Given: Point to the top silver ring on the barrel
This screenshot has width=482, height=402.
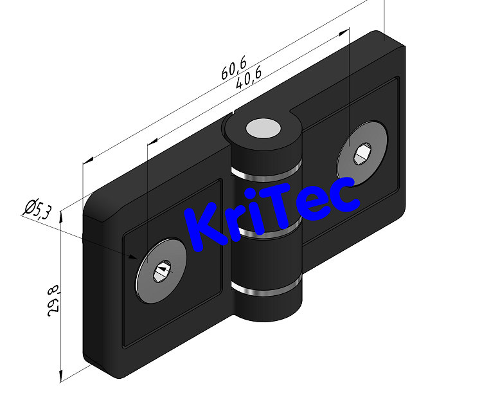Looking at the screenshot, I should pyautogui.click(x=265, y=176).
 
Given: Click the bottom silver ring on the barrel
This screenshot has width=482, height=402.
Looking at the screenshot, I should pyautogui.click(x=267, y=291).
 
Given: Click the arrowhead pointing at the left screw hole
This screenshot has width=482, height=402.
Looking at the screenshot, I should pyautogui.click(x=134, y=257).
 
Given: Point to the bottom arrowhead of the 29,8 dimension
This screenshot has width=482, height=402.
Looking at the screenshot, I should pyautogui.click(x=60, y=376).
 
